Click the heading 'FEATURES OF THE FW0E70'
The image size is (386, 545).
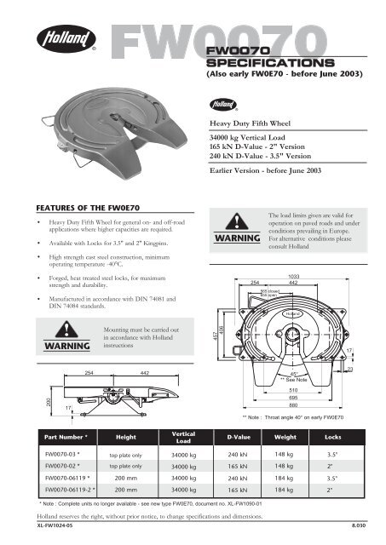[x=81, y=207]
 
